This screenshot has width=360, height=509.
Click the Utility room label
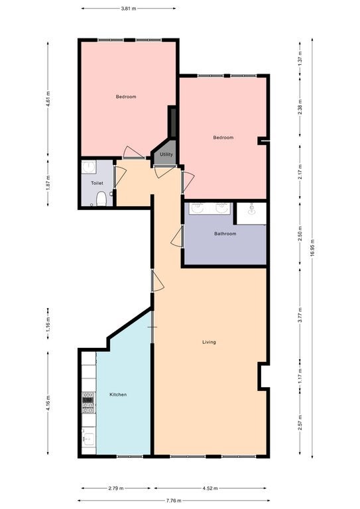166,154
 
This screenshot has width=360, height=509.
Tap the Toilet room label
97,183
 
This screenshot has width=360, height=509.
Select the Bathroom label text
225,234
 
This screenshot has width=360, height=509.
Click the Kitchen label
118,395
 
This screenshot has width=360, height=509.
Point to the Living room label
209,342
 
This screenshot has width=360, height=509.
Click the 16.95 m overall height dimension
312,248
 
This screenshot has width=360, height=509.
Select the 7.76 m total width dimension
174,500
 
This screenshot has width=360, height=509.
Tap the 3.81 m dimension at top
128,9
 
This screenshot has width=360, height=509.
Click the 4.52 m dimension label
210,488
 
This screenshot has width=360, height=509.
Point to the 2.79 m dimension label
116,488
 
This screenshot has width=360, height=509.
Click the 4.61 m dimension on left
48,99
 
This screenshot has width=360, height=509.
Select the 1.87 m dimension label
48,183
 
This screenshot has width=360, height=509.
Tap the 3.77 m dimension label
300,315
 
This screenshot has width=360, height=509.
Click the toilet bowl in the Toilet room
101,199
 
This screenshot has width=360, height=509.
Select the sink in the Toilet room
88,167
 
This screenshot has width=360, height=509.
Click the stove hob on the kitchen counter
88,402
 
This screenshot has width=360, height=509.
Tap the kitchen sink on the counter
88,439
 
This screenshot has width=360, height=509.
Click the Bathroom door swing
177,237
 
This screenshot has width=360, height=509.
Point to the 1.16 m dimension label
48,323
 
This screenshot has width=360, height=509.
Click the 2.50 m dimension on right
300,234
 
